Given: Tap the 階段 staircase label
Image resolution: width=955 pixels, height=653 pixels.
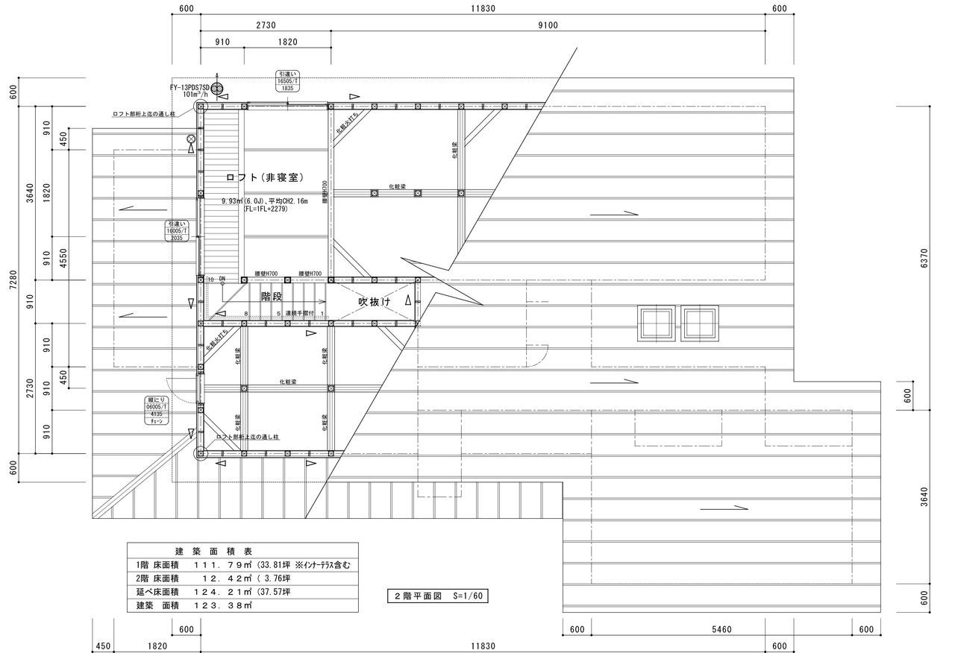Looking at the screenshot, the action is point(272,297).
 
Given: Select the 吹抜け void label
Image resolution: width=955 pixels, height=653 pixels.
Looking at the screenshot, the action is point(375,302).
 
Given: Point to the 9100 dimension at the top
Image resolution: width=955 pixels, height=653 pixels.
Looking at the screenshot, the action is point(548,25).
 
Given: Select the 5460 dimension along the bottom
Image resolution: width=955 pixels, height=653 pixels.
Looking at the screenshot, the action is point(721,630).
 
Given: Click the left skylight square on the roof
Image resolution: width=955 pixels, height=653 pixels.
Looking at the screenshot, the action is point(657,323).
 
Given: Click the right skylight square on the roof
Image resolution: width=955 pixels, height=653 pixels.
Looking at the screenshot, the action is point(699,323).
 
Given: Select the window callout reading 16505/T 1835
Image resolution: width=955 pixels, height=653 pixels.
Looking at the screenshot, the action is point(288,81).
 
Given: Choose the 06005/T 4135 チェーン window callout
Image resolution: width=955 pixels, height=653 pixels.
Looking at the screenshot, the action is point(155,411).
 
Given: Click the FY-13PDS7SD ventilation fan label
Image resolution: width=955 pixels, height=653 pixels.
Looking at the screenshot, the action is point(192,87).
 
